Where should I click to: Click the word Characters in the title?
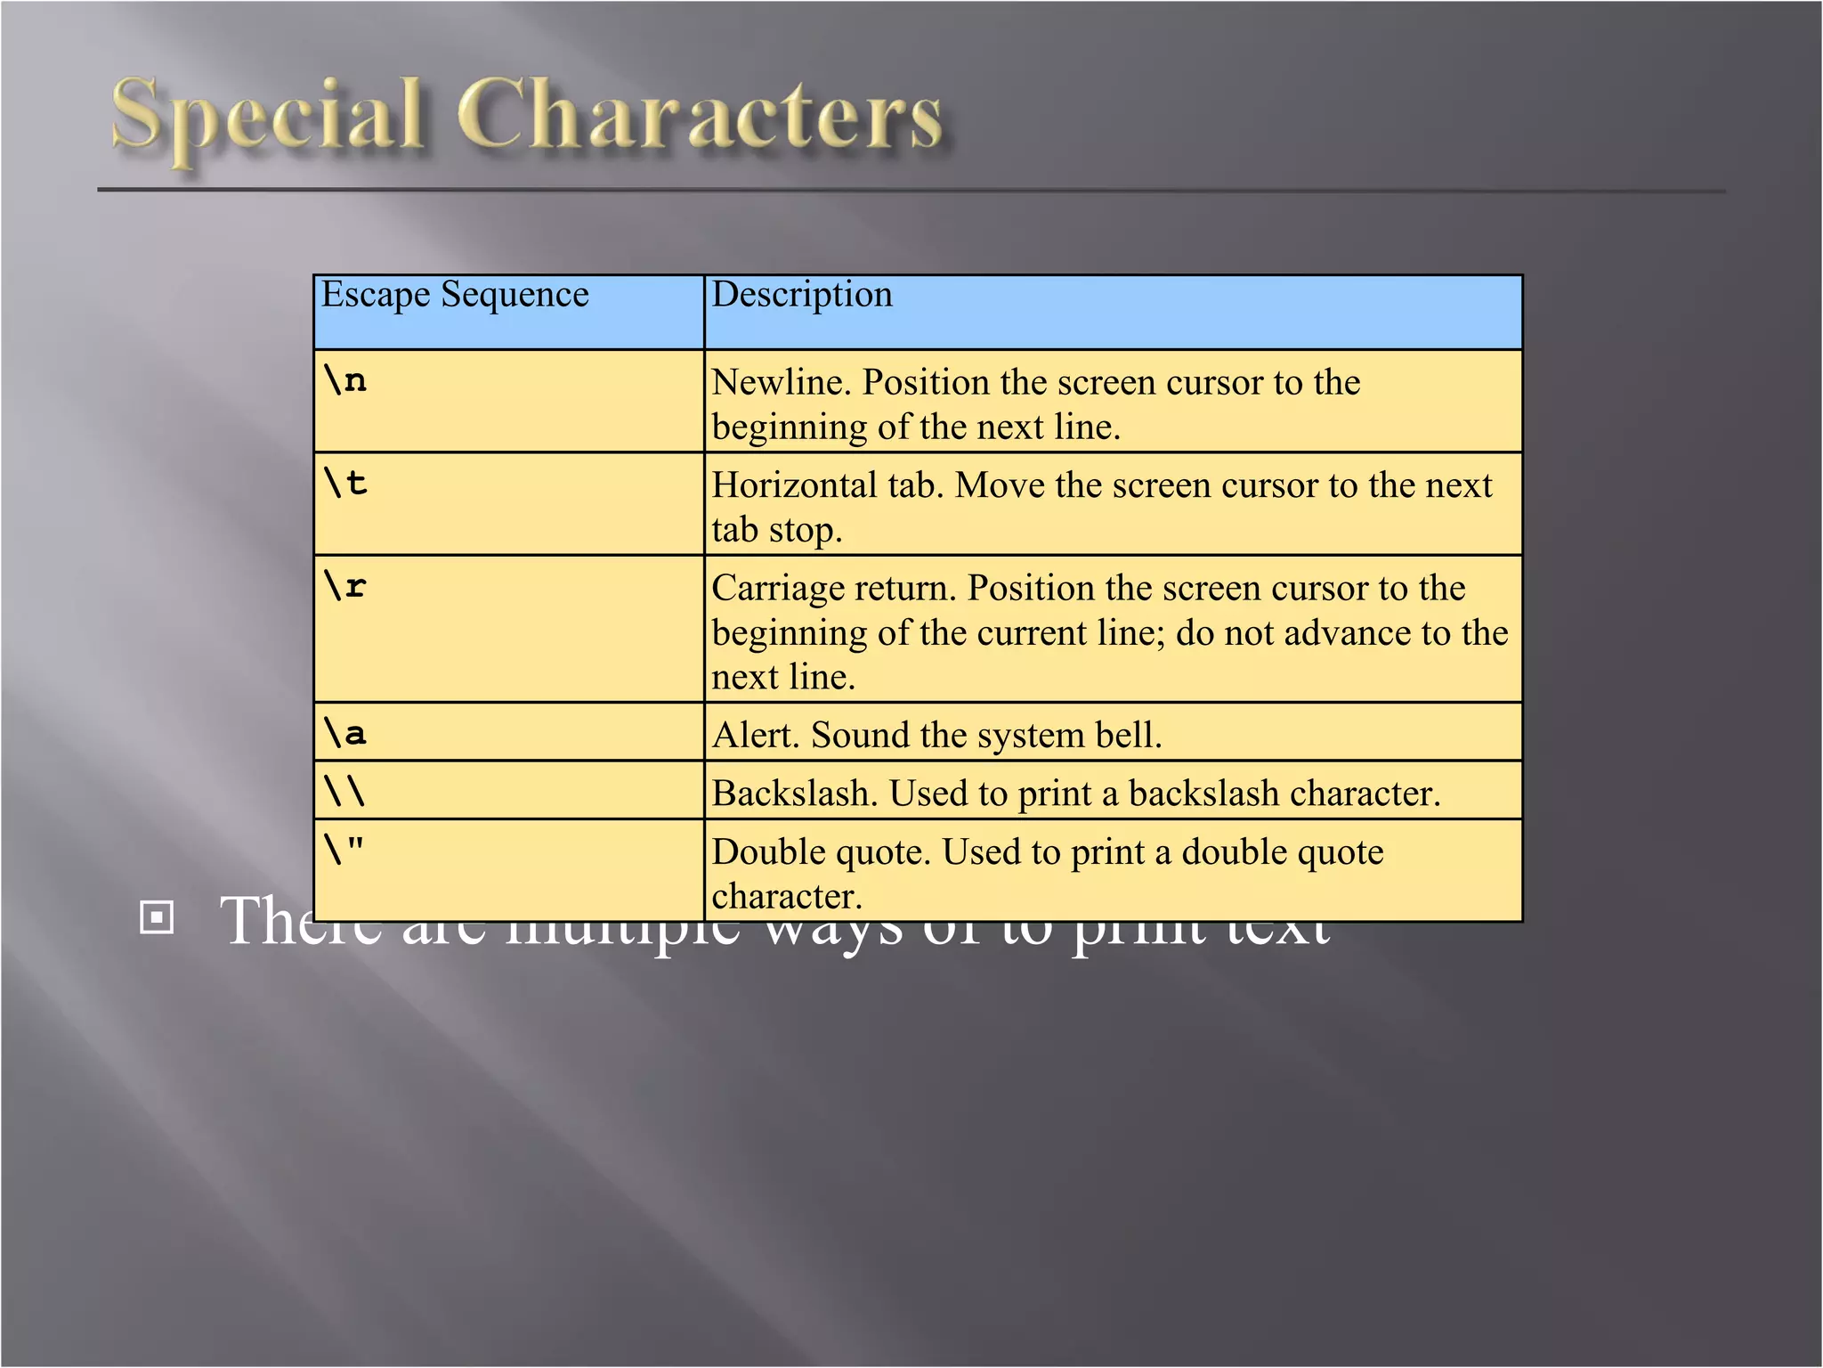[x=700, y=116]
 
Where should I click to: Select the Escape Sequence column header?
[x=455, y=294]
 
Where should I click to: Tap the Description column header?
[x=802, y=294]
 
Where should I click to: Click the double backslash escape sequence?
[x=345, y=791]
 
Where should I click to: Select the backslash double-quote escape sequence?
[x=345, y=850]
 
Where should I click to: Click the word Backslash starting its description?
[x=793, y=794]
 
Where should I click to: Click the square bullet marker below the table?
[x=157, y=917]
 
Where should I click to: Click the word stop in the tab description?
[x=805, y=531]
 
